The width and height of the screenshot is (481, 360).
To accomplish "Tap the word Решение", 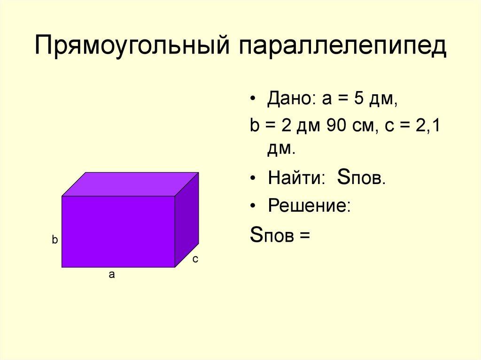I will coord(309,206).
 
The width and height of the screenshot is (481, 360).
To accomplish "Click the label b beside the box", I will coord(54,240).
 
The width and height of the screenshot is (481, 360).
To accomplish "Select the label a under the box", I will coord(112,276).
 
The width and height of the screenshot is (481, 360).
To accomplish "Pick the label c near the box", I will coord(195,259).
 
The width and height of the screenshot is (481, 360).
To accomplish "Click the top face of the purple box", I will coord(131,184).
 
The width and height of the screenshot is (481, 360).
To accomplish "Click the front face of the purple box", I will coord(118,231).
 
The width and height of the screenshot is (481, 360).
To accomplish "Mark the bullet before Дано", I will coord(254,100).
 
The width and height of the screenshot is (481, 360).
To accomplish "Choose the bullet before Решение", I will coord(254,207).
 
